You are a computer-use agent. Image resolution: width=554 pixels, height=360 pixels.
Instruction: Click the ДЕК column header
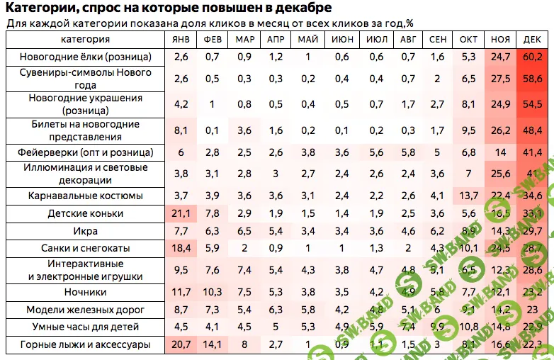click(532, 39)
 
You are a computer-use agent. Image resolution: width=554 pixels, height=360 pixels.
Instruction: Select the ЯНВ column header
click(181, 39)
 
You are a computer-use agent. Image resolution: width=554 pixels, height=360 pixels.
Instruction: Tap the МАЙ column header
click(308, 39)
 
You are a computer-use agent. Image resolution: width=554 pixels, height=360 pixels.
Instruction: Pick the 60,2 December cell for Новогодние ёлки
click(532, 56)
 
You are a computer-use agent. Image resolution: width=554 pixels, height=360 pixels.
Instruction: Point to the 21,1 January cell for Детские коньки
click(181, 213)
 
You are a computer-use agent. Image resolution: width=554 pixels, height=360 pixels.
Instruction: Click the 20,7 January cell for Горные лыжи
click(181, 344)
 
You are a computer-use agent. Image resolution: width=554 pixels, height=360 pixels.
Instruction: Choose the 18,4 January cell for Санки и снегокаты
click(181, 248)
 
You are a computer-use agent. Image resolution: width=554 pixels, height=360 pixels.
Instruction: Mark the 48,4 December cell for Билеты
click(532, 130)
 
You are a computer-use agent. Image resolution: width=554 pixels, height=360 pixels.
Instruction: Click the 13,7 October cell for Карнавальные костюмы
click(469, 196)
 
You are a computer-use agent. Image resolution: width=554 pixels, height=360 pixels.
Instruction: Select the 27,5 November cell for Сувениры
click(501, 78)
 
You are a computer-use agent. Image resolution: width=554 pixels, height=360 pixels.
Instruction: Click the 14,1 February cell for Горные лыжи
click(212, 344)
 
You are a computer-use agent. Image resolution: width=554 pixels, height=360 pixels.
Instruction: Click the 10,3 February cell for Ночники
click(212, 292)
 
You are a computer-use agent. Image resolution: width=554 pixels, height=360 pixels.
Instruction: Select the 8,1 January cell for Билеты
click(181, 130)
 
